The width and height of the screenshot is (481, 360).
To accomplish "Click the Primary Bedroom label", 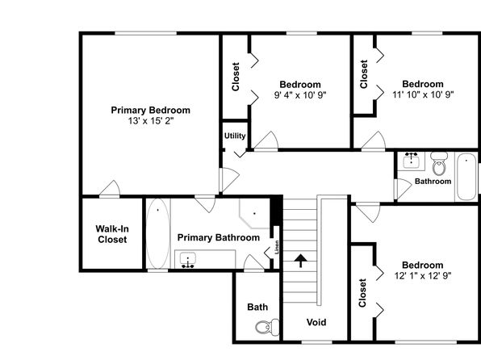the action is [x=150, y=110].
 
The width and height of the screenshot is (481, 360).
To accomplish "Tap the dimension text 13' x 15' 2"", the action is [x=151, y=121].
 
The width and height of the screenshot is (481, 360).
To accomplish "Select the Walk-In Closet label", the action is [x=112, y=234].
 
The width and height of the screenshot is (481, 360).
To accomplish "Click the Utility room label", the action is [x=235, y=136].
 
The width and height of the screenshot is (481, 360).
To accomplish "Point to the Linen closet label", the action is [x=277, y=247].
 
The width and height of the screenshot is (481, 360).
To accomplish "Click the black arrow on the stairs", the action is [x=300, y=261].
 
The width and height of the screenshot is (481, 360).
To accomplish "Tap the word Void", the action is [x=316, y=322].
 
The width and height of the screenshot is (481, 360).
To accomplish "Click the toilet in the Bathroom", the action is [x=439, y=164].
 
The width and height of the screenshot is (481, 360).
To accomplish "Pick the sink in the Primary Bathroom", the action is [x=188, y=260].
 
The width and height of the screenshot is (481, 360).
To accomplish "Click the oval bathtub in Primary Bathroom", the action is [x=158, y=233].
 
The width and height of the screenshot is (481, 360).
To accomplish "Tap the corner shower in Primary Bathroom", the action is [x=254, y=213].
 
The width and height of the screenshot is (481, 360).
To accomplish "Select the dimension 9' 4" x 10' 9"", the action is [x=300, y=95].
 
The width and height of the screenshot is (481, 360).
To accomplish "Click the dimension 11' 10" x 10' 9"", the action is [x=423, y=94].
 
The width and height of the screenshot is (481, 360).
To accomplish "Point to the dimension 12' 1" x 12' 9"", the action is [x=423, y=275].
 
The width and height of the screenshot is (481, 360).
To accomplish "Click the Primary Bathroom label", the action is [x=219, y=237].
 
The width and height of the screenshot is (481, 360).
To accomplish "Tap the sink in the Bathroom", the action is [x=411, y=161].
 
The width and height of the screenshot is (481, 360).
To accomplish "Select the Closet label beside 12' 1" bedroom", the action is [x=362, y=292].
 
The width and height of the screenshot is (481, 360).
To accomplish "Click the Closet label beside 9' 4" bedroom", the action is [x=236, y=77].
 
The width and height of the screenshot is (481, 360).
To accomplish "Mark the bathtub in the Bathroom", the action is [x=466, y=177].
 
